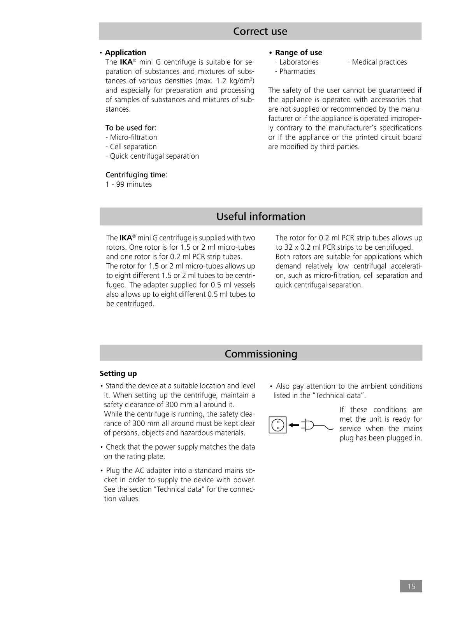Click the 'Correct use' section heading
(260, 31)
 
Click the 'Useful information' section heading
(261, 216)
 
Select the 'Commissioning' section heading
(261, 354)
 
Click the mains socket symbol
(277, 425)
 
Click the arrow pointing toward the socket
(293, 425)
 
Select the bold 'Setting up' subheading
(118, 373)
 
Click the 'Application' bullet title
(125, 53)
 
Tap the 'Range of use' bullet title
(298, 53)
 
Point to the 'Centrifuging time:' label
(136, 175)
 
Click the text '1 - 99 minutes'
(128, 184)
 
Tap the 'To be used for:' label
(131, 128)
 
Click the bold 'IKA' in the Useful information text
(126, 238)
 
